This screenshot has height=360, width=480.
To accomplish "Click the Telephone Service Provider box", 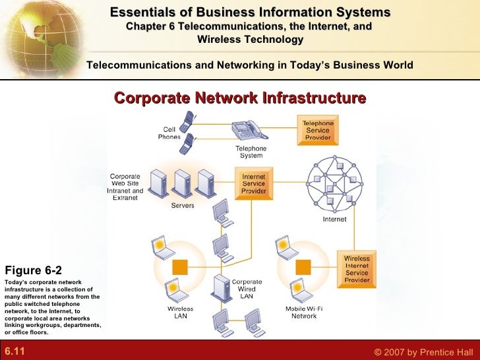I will click(318, 131).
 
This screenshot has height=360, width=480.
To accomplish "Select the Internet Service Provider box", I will click(254, 184).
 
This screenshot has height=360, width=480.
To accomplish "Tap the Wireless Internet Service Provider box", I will click(357, 269).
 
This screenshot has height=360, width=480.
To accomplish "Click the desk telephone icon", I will click(249, 129).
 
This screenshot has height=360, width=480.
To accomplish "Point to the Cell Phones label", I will click(169, 133).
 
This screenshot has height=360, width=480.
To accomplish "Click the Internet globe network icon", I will click(335, 183).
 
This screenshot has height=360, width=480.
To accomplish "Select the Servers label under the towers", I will click(183, 206).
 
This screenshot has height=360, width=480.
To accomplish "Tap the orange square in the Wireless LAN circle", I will click(179, 267).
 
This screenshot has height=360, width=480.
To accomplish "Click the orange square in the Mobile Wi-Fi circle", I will click(303, 267).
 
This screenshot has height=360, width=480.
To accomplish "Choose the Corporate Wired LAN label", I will click(247, 289).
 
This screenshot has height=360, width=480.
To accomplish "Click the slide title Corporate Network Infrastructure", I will click(240, 98).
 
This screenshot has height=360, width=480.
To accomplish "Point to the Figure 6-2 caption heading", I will click(33, 270).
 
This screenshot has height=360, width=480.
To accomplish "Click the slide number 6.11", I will click(15, 351).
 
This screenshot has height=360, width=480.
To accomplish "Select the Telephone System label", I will click(251, 152).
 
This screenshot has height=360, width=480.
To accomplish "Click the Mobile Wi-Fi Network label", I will click(304, 313).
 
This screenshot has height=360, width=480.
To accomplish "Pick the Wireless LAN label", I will click(180, 313).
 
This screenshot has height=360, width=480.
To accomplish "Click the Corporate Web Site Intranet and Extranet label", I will click(125, 187).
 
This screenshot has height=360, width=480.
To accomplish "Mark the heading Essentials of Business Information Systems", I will click(250, 13).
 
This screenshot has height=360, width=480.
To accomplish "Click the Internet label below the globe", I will click(334, 220).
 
